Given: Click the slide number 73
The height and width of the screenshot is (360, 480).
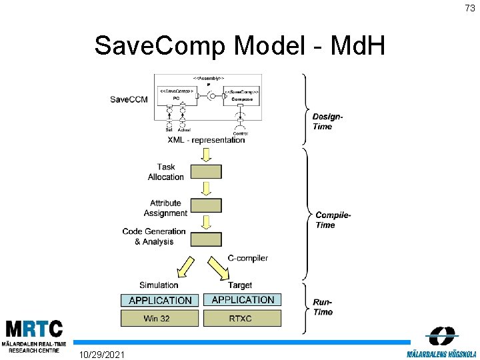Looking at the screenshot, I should click(470, 8).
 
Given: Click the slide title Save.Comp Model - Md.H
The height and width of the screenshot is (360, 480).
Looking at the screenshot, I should click(239, 46).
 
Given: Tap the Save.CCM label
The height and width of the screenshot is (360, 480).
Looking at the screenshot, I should click(129, 99).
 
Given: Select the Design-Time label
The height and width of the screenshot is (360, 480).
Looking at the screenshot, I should click(328, 121).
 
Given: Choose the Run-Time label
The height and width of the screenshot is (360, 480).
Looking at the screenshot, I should click(323, 307).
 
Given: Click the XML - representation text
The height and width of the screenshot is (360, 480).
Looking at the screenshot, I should click(206, 140).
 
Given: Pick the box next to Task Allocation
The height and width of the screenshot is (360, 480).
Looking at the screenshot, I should click(206, 171).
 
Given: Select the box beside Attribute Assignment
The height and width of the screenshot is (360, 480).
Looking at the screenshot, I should click(206, 205).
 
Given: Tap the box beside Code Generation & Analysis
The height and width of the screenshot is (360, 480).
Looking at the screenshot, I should click(206, 239).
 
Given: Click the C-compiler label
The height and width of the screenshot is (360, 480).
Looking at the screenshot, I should click(248, 258).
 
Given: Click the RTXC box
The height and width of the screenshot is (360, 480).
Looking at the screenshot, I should click(242, 318).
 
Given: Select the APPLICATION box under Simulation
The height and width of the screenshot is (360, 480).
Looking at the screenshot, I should click(160, 301).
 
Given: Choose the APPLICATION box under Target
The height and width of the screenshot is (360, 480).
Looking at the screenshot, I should click(243, 300).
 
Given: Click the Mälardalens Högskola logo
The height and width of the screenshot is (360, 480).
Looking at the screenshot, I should click(441, 343).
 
